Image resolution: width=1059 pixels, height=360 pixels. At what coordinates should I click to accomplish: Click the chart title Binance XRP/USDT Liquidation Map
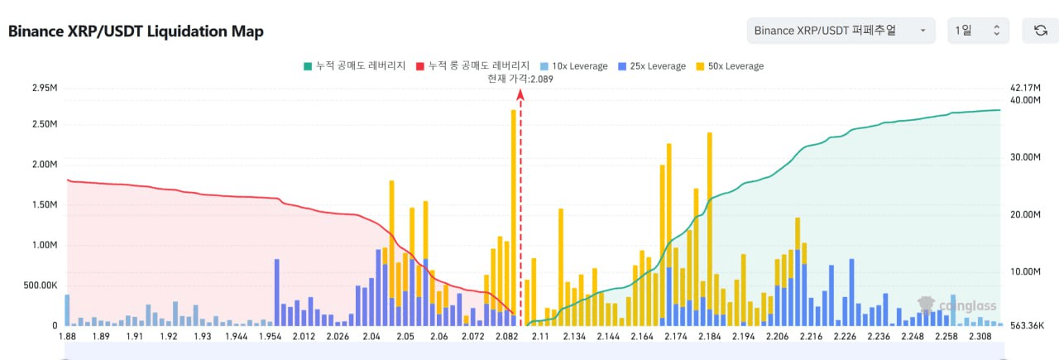tap(136, 31)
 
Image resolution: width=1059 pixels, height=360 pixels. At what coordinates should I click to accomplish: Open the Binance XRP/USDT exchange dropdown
tap(841, 31)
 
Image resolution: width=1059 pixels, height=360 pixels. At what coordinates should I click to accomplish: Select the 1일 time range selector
tap(978, 31)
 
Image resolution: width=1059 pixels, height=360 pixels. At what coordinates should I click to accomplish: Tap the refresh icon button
tap(1040, 31)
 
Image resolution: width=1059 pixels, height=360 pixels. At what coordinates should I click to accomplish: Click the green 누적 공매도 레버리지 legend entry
tap(356, 66)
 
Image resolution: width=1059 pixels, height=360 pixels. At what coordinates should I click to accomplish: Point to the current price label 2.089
tap(520, 79)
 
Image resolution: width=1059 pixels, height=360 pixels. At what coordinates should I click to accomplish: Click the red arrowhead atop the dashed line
tap(520, 95)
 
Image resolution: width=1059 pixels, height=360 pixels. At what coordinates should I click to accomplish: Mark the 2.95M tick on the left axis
tap(44, 88)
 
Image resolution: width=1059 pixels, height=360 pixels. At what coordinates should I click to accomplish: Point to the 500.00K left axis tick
tap(41, 286)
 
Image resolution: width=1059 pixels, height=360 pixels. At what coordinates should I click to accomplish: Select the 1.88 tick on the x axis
tap(67, 337)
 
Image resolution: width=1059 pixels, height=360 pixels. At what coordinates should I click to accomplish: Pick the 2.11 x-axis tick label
tap(541, 337)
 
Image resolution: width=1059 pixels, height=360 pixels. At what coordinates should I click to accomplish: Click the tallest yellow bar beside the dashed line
tap(514, 215)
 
